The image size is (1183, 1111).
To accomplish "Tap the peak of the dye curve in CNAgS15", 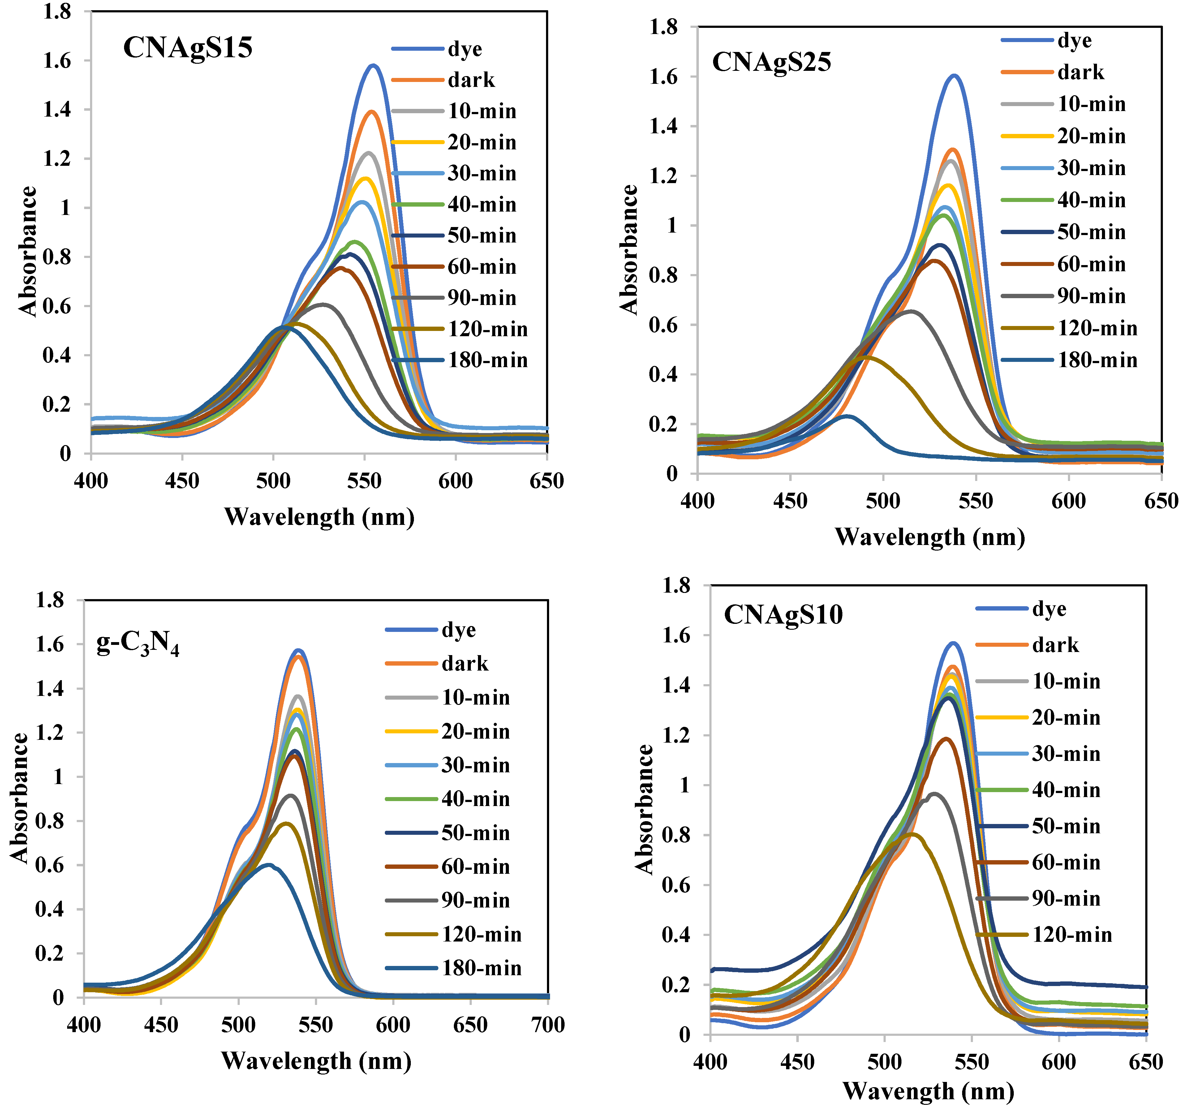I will pos(373,66).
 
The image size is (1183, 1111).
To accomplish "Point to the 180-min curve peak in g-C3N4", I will pos(269,865).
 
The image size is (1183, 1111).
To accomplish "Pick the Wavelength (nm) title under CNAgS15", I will pos(319,517).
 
